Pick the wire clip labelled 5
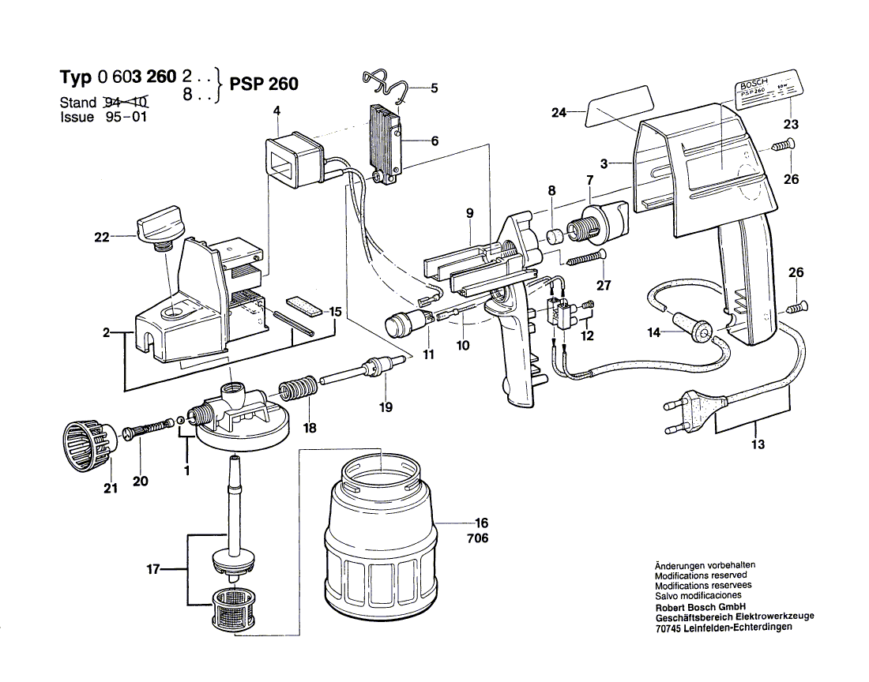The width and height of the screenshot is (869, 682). [x=385, y=84]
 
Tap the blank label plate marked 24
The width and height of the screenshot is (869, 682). [x=619, y=104]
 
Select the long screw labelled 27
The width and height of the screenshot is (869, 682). [x=584, y=257]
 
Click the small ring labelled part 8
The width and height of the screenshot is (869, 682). [x=556, y=236]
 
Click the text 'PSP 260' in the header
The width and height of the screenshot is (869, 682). [x=264, y=84]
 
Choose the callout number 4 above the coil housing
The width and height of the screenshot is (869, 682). [x=276, y=111]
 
